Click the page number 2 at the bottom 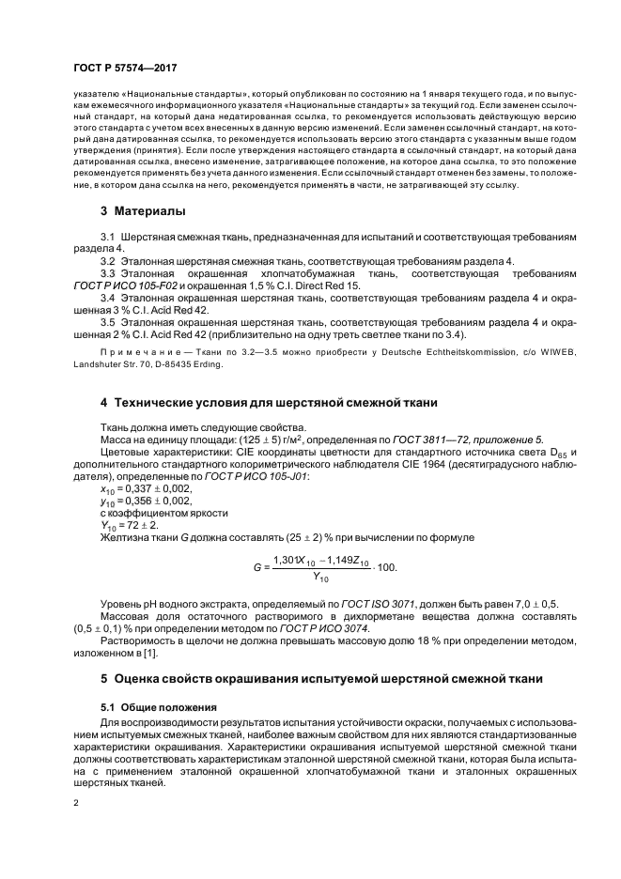click(75, 804)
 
